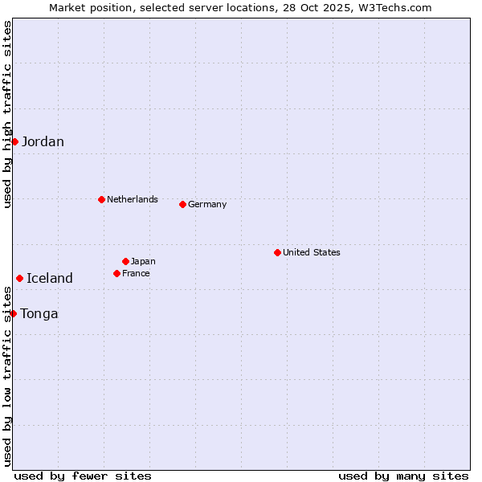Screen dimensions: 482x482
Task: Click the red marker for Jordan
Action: [x=14, y=141]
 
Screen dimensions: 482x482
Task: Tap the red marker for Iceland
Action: [x=19, y=278]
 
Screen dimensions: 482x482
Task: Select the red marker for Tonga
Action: [x=14, y=313]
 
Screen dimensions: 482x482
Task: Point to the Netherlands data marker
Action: [x=101, y=199]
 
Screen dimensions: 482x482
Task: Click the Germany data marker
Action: [x=182, y=204]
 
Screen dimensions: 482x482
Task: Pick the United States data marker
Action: [x=277, y=252]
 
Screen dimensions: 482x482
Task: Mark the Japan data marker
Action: [x=125, y=261]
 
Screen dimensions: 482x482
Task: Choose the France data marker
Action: [x=116, y=273]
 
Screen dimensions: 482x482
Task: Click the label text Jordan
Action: [x=43, y=142]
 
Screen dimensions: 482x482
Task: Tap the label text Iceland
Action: [x=50, y=279]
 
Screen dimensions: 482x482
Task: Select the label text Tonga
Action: [x=39, y=314]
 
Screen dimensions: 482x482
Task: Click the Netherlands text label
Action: [x=133, y=199]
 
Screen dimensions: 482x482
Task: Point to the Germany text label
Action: [x=207, y=204]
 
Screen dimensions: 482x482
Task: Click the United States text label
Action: [x=312, y=252]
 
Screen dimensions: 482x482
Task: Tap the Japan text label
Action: [x=143, y=261]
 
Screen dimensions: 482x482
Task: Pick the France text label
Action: [x=136, y=273]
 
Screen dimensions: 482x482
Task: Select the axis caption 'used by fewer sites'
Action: [x=83, y=476]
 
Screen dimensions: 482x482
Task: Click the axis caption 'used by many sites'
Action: [x=403, y=476]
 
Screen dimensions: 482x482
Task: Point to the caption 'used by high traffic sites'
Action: [x=7, y=114]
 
